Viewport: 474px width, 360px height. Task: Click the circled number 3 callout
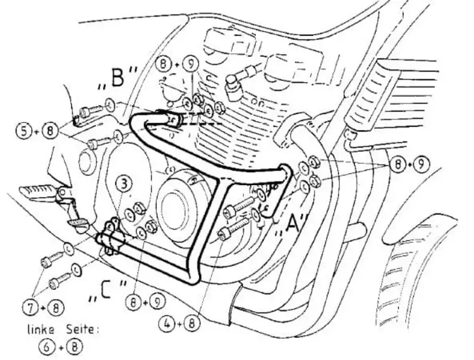coord(125,184)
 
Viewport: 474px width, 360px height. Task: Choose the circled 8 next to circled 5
coord(52,131)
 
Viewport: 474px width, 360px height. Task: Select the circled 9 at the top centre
coord(190,63)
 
